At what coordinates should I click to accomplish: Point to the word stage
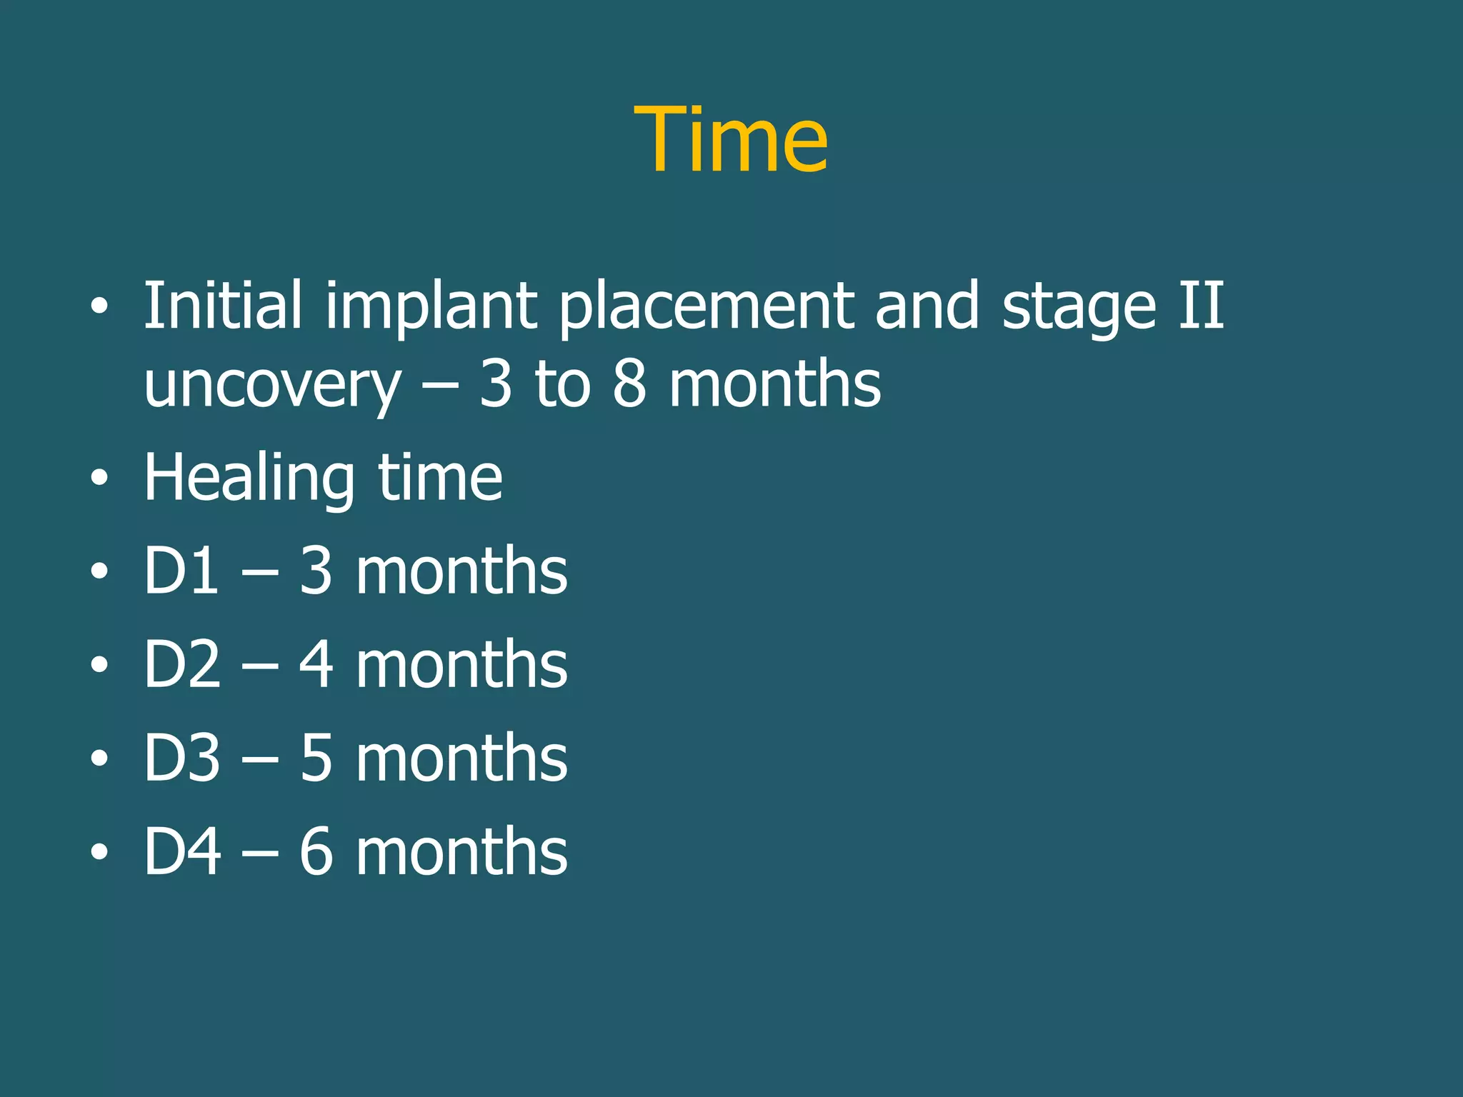1078,309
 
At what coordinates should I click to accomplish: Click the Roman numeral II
1201,305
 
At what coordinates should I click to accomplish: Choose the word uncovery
272,386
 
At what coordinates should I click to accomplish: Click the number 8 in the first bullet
629,384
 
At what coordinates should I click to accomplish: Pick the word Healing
249,479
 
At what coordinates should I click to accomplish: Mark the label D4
181,851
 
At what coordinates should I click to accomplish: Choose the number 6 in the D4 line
316,851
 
